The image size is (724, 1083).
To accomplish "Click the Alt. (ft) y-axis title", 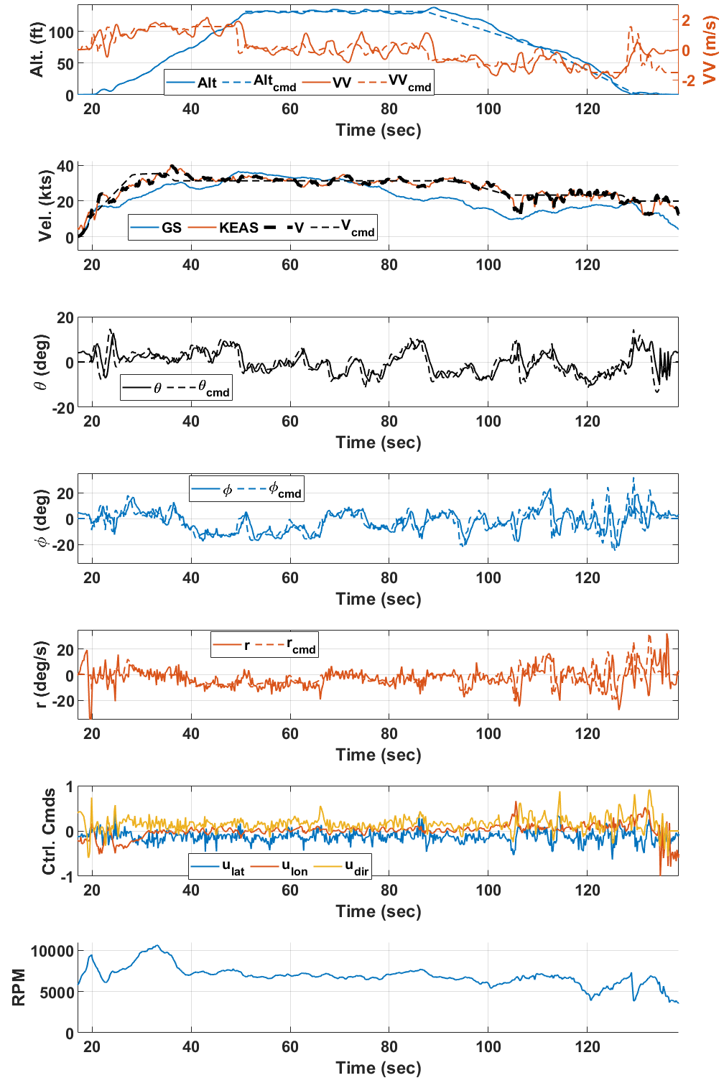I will point(37,50).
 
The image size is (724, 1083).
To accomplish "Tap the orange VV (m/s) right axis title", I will point(710,50).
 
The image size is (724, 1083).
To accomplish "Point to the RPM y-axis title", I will point(19,987).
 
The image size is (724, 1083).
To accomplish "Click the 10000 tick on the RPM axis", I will point(52,951).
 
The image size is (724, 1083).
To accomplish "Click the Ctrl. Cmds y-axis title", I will point(49,832).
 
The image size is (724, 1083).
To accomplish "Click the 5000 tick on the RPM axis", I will point(57,993).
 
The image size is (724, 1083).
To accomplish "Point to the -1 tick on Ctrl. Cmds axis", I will point(69,877).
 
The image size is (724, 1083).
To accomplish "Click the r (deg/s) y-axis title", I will point(42,674).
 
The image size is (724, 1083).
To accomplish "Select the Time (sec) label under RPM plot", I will point(379,1068).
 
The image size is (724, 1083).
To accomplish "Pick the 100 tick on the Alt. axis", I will point(62,32).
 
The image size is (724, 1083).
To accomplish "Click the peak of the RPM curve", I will point(157,946).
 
